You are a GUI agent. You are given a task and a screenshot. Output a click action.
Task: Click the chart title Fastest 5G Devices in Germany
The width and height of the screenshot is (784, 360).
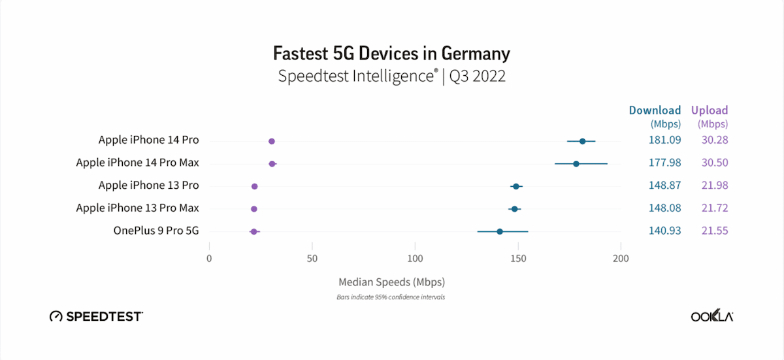point(391,53)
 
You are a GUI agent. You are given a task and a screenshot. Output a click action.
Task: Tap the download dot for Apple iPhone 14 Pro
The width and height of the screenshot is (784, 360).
point(582,141)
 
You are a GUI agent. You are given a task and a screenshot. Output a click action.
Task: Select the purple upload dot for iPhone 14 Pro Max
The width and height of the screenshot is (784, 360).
point(272,163)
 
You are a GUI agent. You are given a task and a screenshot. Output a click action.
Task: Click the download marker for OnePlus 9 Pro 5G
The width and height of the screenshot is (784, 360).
point(500,231)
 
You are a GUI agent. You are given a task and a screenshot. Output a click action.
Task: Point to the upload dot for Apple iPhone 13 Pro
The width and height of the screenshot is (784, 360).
point(254,186)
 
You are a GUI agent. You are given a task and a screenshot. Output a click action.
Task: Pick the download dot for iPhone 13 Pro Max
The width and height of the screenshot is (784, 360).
point(515,209)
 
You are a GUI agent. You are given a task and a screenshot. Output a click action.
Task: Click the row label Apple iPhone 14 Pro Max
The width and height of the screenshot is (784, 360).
point(137,163)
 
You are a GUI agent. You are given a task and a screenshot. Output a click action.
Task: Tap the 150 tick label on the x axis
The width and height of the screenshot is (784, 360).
point(517,259)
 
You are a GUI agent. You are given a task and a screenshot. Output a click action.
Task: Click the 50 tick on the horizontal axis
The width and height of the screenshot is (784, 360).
point(312,259)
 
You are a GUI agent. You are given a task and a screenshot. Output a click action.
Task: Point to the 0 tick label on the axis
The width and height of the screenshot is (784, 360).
point(209,259)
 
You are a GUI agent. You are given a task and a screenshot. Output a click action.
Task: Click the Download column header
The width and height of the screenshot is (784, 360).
point(655,110)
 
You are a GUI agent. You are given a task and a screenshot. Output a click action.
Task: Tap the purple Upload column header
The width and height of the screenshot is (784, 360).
point(710,110)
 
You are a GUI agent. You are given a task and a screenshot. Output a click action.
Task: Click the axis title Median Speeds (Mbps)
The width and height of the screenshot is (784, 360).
point(391,282)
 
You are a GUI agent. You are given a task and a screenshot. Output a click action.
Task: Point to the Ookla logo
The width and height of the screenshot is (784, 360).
point(711,317)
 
